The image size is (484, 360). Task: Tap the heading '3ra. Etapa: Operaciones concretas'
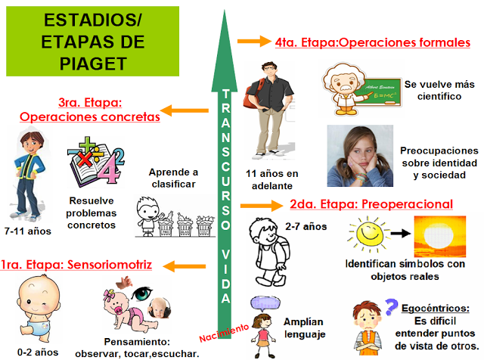[x=90, y=110]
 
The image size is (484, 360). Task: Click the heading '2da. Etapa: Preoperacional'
[x=371, y=204]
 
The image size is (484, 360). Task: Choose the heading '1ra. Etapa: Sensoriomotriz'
[x=76, y=265]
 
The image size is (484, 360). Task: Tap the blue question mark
[x=391, y=306]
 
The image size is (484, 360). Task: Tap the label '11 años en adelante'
[x=272, y=180]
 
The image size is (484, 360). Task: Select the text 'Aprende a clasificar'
[x=172, y=177]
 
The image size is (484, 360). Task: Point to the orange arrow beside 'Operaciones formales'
[x=254, y=42]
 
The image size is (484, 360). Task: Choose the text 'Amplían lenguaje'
[x=302, y=327]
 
